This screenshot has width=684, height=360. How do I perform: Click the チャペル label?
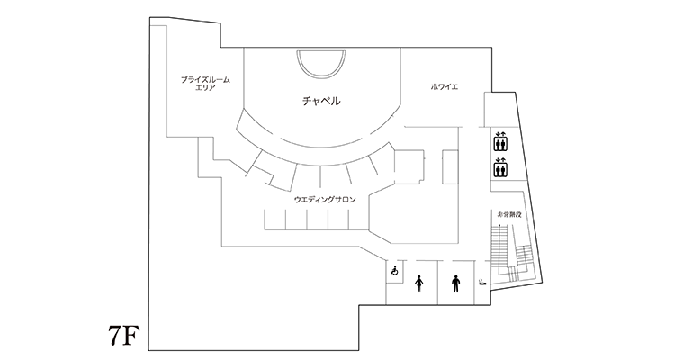(321, 101)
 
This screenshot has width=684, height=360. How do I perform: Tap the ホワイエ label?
(444, 86)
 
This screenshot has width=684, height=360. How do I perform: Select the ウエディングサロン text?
(325, 200)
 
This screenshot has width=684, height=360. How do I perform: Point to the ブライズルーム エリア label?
(205, 84)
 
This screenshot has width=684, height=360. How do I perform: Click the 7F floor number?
(123, 335)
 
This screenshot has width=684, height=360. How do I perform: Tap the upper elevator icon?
(499, 141)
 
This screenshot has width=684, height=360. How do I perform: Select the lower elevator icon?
(499, 167)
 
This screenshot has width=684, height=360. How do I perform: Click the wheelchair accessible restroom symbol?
(395, 271)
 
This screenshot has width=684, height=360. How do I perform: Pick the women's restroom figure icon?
(419, 283)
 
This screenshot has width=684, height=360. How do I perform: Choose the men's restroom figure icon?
(456, 283)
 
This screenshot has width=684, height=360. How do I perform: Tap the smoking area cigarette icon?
(482, 282)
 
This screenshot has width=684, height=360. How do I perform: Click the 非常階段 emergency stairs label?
(509, 215)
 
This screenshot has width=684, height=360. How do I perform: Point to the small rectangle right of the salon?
(450, 167)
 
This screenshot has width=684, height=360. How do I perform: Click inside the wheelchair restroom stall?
(394, 272)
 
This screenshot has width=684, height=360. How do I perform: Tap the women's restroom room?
(420, 282)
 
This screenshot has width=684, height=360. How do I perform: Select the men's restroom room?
(456, 282)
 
